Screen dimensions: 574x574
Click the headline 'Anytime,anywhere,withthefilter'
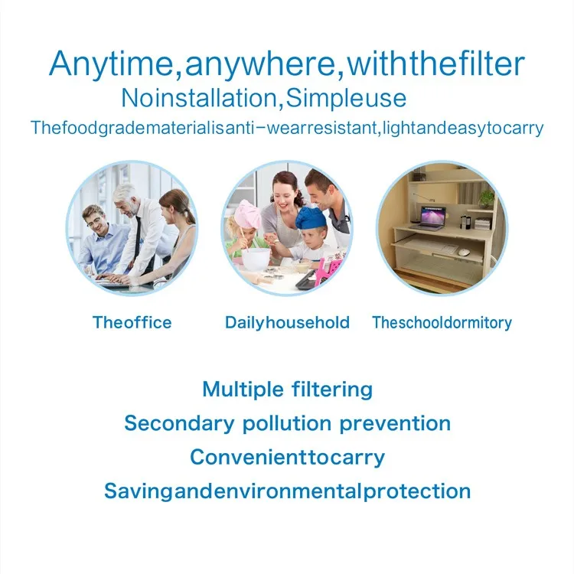(287, 64)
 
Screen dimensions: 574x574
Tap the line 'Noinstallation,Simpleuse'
(263, 98)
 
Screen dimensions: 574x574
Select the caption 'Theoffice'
(132, 322)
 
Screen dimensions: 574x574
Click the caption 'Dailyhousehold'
(287, 323)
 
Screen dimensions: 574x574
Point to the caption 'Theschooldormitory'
(442, 323)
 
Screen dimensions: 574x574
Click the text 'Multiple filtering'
(287, 389)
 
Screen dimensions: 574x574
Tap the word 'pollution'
(287, 423)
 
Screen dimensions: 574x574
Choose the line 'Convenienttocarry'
(287, 458)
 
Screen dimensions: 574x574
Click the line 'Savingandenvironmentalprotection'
(287, 491)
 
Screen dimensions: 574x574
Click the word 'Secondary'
(179, 423)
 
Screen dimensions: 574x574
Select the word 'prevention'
(395, 423)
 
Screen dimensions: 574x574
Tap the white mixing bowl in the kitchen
(255, 259)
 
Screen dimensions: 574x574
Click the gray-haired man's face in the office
(128, 206)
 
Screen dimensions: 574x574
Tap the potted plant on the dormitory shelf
(487, 198)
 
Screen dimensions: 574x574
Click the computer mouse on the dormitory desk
(464, 252)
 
